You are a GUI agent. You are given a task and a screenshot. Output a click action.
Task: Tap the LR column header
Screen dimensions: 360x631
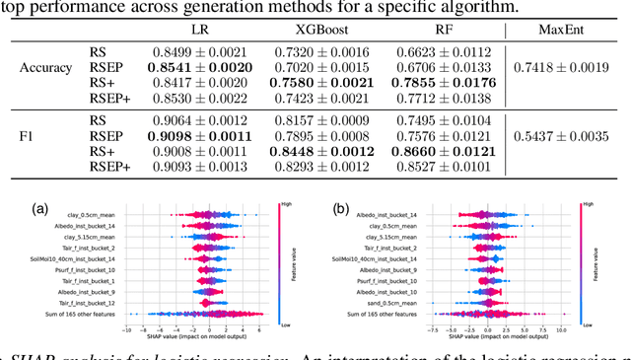point(199,33)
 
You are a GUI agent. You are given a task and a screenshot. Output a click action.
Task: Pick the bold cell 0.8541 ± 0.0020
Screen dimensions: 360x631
point(200,67)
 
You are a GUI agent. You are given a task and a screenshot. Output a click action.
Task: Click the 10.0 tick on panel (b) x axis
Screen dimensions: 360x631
point(562,329)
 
